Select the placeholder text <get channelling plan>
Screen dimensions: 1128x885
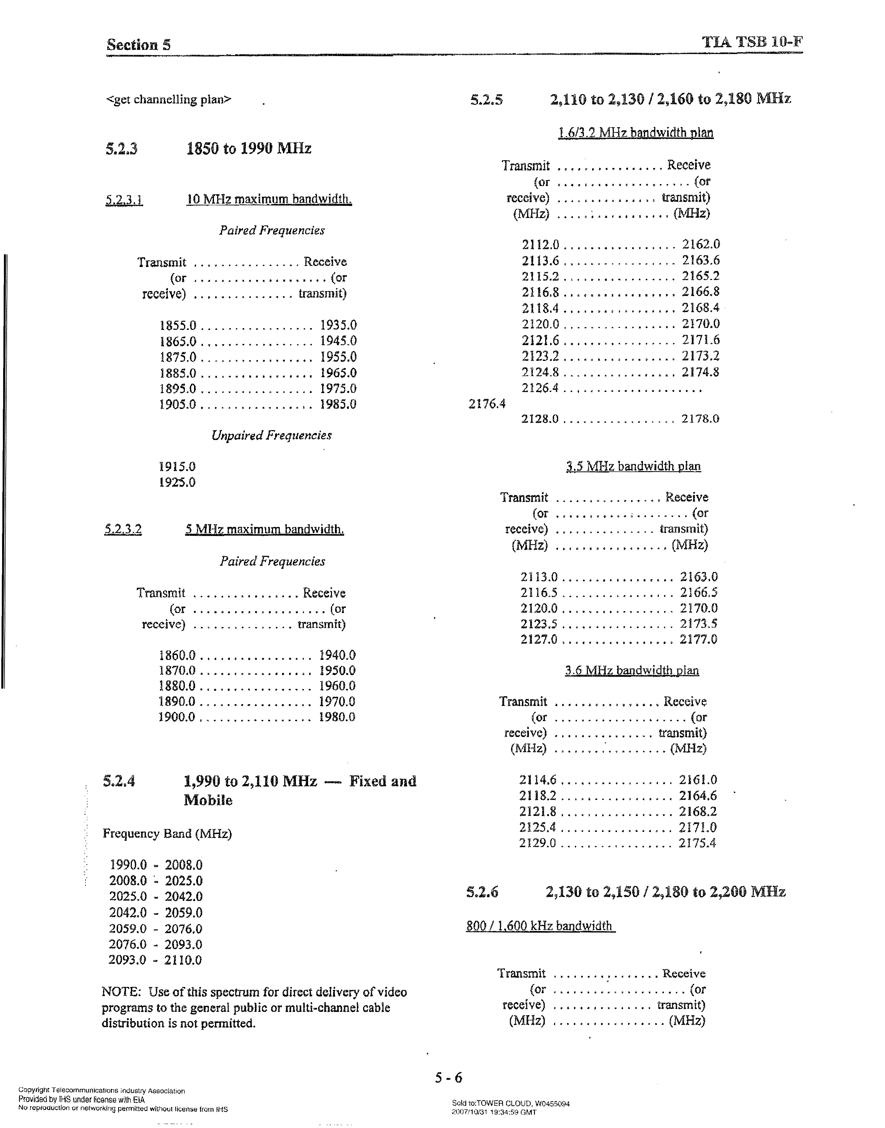pyautogui.click(x=168, y=99)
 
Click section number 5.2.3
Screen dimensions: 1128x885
pyautogui.click(x=122, y=149)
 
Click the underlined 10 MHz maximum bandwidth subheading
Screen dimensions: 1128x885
pyautogui.click(x=269, y=200)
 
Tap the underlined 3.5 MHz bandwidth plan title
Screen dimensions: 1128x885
pyautogui.click(x=633, y=466)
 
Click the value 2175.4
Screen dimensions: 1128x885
pyautogui.click(x=698, y=843)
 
